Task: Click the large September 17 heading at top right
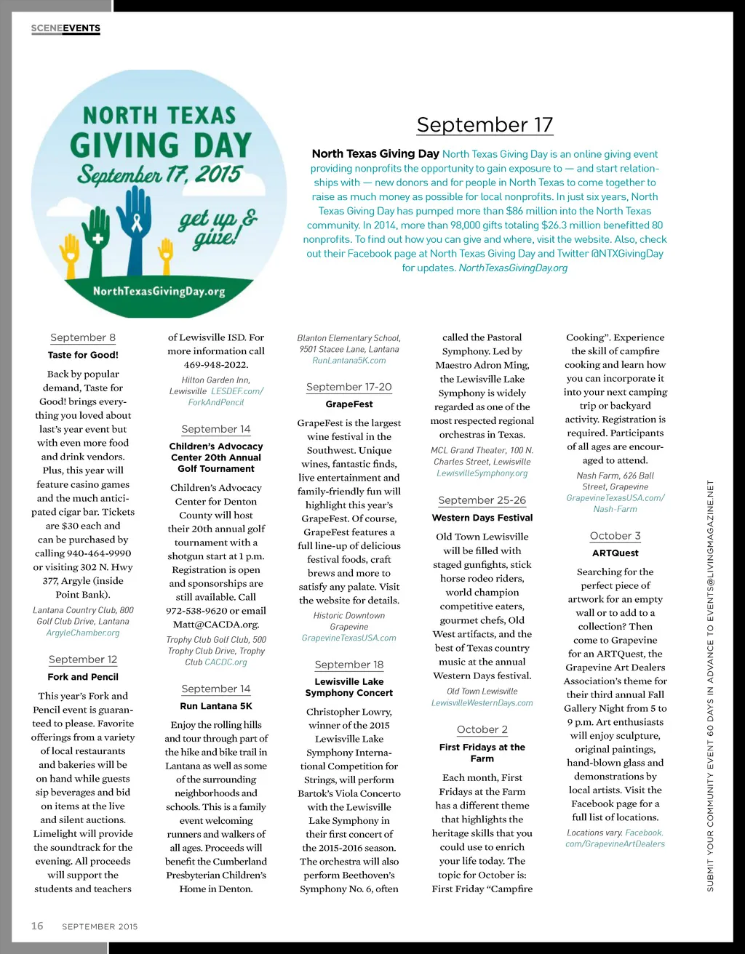(485, 125)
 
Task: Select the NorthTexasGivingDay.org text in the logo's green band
(159, 292)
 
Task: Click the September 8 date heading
(83, 337)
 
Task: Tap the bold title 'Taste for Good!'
(83, 355)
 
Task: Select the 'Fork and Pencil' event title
(83, 677)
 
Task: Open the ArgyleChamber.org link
(83, 633)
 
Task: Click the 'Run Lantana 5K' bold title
(216, 706)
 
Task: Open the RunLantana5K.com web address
(349, 361)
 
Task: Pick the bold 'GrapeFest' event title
(349, 404)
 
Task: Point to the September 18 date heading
(349, 665)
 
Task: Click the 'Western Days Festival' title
(482, 518)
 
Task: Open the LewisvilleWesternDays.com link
(482, 703)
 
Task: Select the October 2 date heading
(482, 729)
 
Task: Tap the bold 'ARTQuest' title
(615, 553)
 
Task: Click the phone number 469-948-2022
(216, 365)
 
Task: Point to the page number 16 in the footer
(37, 926)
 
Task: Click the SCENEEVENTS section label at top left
(65, 28)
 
